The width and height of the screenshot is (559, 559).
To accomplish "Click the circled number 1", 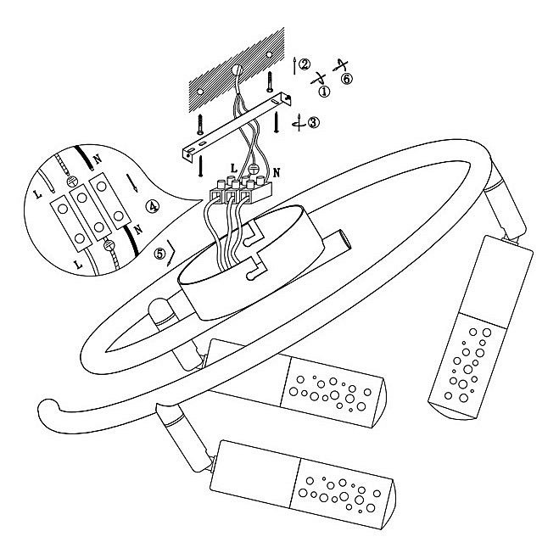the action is coord(324,92).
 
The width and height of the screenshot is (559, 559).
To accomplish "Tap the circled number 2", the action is coord(305,64).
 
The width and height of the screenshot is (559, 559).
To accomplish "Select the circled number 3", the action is coord(313,122).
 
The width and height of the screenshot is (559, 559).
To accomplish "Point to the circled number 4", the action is coord(153,206).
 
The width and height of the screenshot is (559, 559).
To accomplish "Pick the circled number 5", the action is coord(160,254).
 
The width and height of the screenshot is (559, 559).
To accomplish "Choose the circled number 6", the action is coord(346,78).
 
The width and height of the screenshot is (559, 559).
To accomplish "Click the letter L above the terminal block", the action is coord(233,168).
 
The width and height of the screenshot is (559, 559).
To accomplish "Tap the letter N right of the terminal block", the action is coord(277,173).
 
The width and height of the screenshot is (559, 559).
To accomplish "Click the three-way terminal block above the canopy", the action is coord(240,191).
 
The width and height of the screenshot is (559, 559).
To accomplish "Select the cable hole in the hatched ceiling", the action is coord(236,70).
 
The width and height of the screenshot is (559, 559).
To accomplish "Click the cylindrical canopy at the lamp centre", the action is coord(251,262).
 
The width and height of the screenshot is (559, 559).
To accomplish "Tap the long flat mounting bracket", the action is coord(237,126).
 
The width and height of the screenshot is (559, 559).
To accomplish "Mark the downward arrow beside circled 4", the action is coord(131,183).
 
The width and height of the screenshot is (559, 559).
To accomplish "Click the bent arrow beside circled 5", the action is coord(171,253).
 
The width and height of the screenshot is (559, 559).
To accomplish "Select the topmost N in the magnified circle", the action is coord(97,159).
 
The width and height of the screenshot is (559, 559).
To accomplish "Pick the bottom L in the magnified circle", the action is coord(79,265).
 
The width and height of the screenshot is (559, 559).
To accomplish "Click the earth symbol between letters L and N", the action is coord(253,169).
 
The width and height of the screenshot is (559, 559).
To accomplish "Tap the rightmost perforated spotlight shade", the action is coord(481,327).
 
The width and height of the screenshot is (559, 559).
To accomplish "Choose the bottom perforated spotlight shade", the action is coord(302,484).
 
